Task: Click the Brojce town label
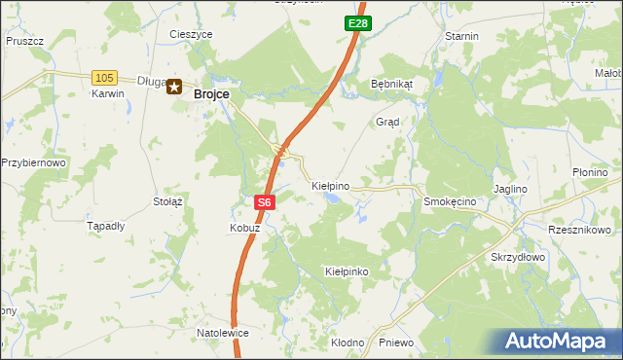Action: pyautogui.click(x=211, y=93)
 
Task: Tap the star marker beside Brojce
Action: pyautogui.click(x=175, y=88)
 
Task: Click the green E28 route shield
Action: pyautogui.click(x=357, y=22)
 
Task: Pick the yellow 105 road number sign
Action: pyautogui.click(x=104, y=77)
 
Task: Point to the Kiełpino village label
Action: pyautogui.click(x=330, y=184)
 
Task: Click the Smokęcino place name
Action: pyautogui.click(x=449, y=201)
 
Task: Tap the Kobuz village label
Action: pyautogui.click(x=243, y=228)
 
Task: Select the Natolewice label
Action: pyautogui.click(x=223, y=333)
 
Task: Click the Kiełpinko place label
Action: pyautogui.click(x=347, y=271)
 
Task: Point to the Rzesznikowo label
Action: pyautogui.click(x=579, y=230)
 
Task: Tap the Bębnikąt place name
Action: pyautogui.click(x=392, y=84)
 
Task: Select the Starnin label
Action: pyautogui.click(x=461, y=36)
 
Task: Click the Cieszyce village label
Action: pyautogui.click(x=191, y=34)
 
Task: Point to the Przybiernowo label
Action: pyautogui.click(x=33, y=162)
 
